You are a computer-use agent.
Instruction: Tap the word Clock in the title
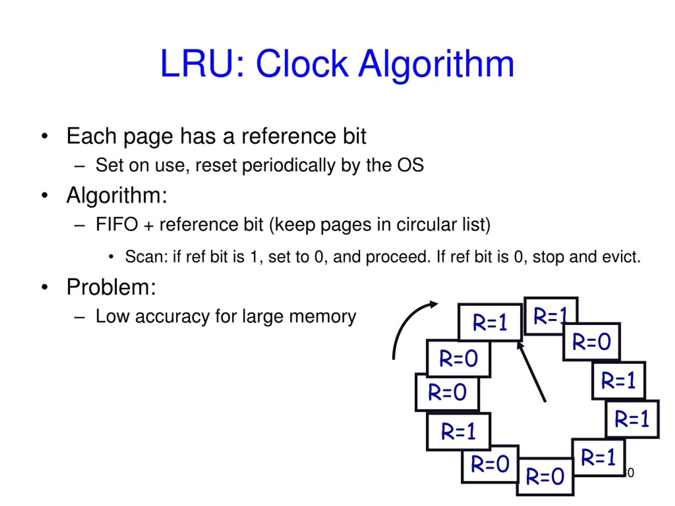[302, 64]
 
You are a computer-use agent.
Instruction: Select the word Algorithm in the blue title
[436, 66]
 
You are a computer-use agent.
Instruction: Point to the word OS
[411, 165]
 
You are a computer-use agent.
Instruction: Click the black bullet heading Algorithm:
[117, 196]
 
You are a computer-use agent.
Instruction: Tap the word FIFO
[117, 224]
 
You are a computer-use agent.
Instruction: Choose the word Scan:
[147, 256]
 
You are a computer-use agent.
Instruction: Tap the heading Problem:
[111, 287]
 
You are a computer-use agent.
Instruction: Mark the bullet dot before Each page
[45, 136]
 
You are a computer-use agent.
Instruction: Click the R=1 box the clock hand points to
[490, 322]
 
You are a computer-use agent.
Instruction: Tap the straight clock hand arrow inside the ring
[531, 372]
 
